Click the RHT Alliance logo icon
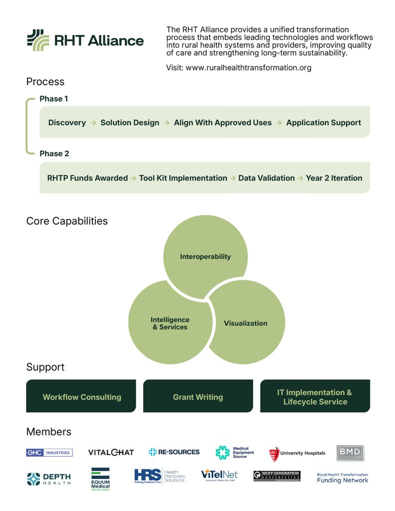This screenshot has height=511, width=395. [x=38, y=40]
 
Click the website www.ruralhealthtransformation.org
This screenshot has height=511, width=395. [x=248, y=67]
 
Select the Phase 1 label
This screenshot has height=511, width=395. [x=54, y=99]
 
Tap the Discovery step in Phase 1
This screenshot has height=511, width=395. [x=67, y=122]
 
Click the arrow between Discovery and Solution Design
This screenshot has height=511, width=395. [x=93, y=122]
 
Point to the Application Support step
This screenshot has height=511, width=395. [x=323, y=122]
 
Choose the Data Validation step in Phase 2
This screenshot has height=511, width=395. [x=266, y=178]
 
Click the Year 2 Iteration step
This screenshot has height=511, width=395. [x=334, y=178]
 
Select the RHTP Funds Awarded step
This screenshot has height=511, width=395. [x=87, y=178]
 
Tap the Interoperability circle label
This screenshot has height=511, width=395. [x=205, y=256]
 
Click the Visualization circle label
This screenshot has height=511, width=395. [x=245, y=323]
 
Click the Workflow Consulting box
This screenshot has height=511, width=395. [x=81, y=397]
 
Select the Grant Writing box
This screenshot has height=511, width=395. [x=198, y=397]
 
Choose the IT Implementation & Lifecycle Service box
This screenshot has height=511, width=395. [x=315, y=397]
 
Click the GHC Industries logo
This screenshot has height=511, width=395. [x=49, y=453]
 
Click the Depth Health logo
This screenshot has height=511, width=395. [x=48, y=479]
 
